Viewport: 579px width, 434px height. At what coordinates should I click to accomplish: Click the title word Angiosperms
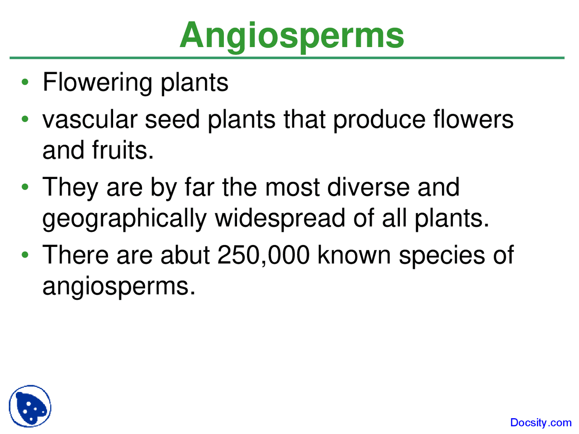[x=292, y=35]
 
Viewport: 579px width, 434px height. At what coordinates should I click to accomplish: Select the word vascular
[x=90, y=120]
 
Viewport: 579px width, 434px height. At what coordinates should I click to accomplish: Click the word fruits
[x=123, y=150]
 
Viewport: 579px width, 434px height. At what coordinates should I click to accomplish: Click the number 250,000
[x=263, y=255]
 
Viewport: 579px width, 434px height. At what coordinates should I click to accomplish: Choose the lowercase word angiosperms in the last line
[x=119, y=287]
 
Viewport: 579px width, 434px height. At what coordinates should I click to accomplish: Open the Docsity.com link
[x=541, y=423]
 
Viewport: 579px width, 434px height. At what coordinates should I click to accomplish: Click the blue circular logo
[x=30, y=406]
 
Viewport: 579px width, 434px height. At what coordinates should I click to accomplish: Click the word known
[x=354, y=255]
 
